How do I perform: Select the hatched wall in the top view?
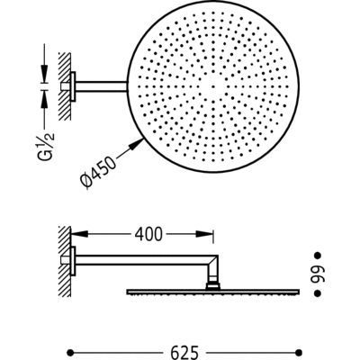[x=63, y=86]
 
